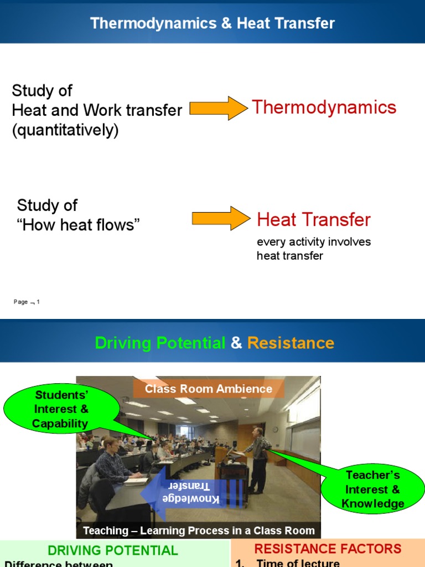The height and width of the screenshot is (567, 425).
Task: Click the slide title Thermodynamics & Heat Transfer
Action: (x=212, y=23)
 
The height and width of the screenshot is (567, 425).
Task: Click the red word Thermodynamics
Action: (x=324, y=107)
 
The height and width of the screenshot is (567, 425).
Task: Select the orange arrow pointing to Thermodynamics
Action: (x=218, y=108)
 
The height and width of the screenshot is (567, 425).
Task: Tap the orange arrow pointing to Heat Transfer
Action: (x=220, y=218)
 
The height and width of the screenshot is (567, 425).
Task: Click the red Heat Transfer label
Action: (x=313, y=220)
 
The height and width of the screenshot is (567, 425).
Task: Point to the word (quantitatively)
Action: (x=65, y=131)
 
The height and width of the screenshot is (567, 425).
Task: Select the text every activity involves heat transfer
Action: (x=313, y=249)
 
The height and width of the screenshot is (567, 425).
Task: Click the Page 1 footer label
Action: (x=27, y=302)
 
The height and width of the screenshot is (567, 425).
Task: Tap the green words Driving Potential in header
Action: (x=160, y=343)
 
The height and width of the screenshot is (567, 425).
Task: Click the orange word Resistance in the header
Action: (x=291, y=343)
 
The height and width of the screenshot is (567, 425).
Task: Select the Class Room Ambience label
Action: (x=209, y=389)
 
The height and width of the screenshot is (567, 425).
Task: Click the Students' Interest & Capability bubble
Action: (x=61, y=410)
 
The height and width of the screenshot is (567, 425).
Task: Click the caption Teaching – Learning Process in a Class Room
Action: (x=199, y=530)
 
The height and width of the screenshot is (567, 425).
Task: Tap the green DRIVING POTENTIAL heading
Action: (x=113, y=550)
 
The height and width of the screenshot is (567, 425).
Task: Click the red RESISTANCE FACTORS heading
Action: (x=328, y=549)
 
